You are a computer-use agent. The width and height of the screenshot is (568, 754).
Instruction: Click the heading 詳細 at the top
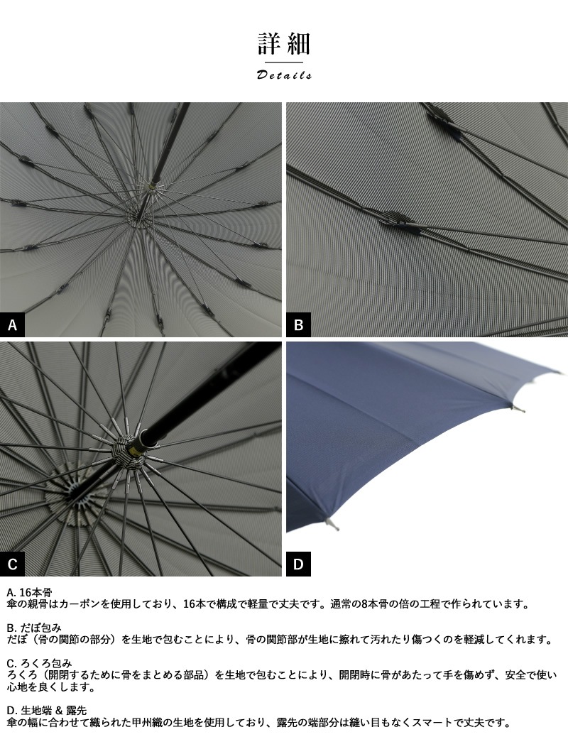click(x=284, y=44)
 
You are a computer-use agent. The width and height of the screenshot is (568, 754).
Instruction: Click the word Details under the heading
click(x=284, y=75)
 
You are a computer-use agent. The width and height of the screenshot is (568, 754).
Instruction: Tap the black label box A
click(x=13, y=324)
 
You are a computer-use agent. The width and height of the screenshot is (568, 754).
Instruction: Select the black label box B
click(x=298, y=324)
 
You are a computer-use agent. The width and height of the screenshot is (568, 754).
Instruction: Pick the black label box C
click(x=13, y=564)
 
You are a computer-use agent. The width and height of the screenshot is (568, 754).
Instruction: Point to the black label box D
click(x=298, y=564)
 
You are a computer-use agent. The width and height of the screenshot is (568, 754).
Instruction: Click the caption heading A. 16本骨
click(x=29, y=592)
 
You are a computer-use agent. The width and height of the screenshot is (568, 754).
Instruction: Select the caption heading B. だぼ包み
click(x=34, y=628)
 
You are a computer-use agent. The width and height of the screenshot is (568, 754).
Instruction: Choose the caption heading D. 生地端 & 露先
click(x=47, y=710)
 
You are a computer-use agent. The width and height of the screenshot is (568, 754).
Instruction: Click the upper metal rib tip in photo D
click(x=518, y=409)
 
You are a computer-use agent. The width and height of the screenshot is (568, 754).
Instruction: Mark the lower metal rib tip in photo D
click(x=332, y=525)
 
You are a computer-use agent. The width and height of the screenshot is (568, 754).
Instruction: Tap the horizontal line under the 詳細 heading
click(x=284, y=62)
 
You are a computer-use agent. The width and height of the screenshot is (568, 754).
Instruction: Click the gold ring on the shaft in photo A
click(x=153, y=185)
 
